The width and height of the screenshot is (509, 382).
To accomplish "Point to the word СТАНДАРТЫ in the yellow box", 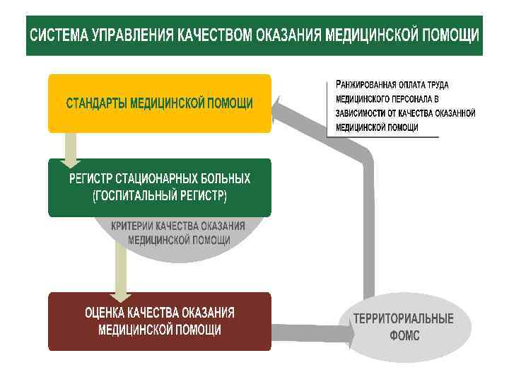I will coord(96,103).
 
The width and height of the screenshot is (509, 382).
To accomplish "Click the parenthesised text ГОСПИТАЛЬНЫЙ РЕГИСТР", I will coord(160,195).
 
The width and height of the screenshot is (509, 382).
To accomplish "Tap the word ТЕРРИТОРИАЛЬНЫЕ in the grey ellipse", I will coord(404,318).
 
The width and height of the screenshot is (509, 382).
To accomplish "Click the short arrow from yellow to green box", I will coord(71,148).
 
